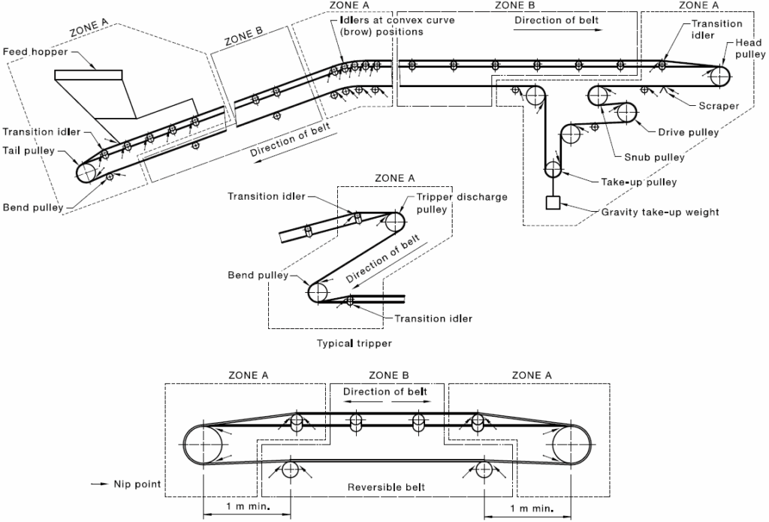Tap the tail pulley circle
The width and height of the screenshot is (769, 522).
86,173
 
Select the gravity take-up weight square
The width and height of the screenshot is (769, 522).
553,203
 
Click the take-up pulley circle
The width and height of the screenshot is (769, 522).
553,169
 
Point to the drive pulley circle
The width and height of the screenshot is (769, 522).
626,113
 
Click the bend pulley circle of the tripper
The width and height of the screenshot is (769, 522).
318,293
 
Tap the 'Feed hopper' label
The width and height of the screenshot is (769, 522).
35,52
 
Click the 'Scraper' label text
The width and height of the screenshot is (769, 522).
719,105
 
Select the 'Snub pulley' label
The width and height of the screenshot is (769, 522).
654,157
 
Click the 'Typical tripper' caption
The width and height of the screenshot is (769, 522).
354,343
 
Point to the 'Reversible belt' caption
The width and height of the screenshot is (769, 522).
386,487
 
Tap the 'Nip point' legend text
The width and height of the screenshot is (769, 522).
137,484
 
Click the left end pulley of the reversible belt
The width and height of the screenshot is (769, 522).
203,445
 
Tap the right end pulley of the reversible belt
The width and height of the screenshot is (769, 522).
571,445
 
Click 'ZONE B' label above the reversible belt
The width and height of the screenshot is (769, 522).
388,376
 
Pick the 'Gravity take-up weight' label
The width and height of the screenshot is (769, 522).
660,212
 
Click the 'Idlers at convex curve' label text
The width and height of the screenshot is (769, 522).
397,20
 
